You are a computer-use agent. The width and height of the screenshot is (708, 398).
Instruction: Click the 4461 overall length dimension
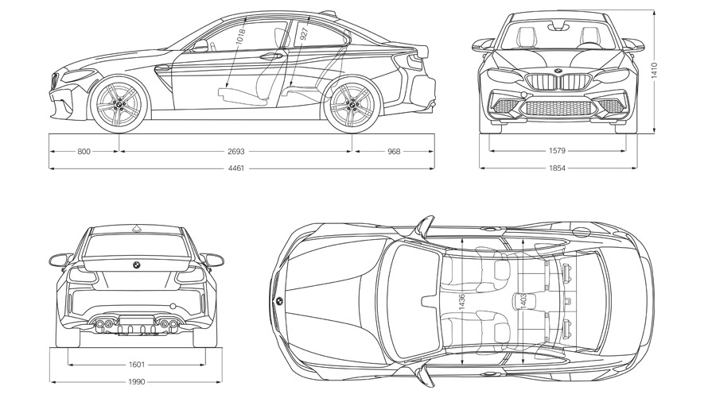235,168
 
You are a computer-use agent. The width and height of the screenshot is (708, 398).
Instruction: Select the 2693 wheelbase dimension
235,151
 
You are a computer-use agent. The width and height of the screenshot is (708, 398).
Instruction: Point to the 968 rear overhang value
395,151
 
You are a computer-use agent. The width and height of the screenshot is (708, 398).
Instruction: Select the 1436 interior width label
461,301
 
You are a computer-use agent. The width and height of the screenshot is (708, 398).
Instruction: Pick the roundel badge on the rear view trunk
136,265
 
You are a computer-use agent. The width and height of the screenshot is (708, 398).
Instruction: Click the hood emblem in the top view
280,302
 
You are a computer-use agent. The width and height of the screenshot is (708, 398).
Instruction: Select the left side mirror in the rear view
59,260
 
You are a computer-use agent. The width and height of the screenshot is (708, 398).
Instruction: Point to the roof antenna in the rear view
136,229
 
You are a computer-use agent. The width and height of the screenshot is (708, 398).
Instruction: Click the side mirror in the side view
200,45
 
